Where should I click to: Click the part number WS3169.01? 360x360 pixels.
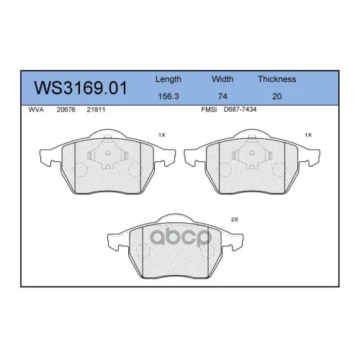pos(81,88)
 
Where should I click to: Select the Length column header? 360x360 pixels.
pos(168,79)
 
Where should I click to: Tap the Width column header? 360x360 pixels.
pos(222,79)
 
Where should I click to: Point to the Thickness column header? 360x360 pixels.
pos(277,79)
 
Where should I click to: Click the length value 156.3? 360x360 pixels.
pos(168,96)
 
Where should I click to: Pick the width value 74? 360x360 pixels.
pos(222,96)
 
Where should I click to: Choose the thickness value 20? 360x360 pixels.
pos(276,96)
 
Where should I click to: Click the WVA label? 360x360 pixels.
pos(36,109)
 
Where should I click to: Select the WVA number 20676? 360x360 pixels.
pos(66,109)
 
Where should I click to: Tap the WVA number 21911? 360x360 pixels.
pos(96,109)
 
